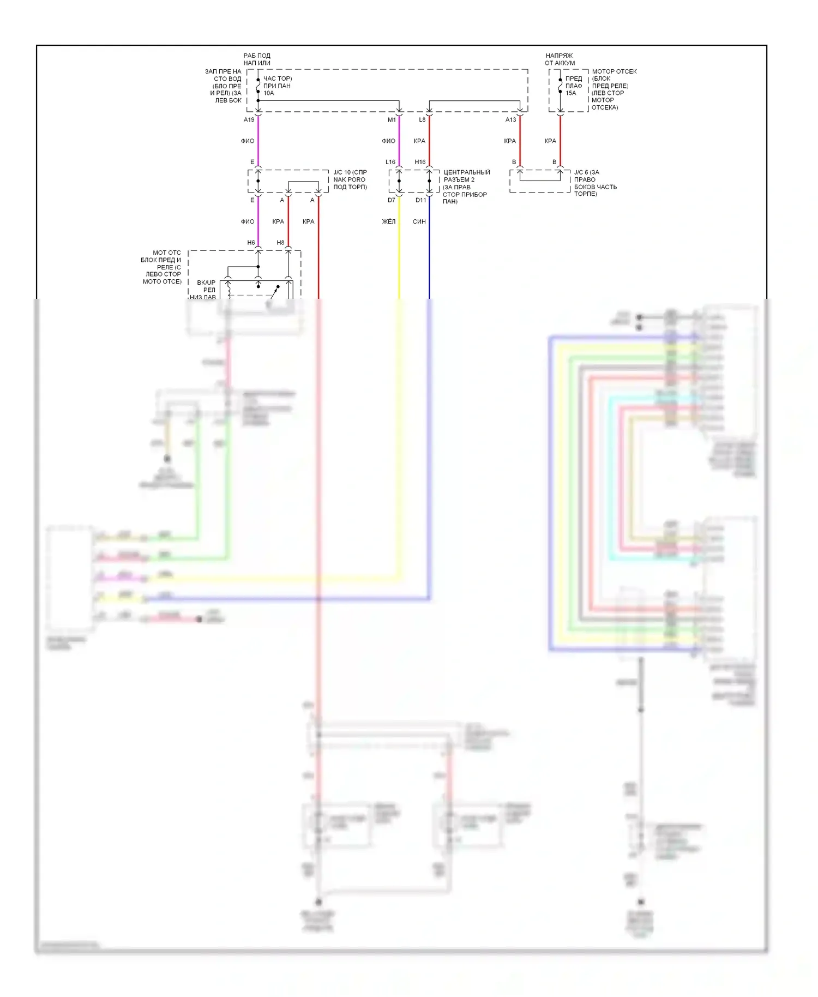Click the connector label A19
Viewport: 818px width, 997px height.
coord(249,119)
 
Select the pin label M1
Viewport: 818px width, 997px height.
coord(392,119)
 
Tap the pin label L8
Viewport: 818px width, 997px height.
coord(422,119)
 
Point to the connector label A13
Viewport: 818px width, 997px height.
coord(510,119)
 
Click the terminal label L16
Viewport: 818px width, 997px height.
coord(390,162)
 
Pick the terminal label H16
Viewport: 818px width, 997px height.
coord(420,162)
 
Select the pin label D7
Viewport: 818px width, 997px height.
coord(392,200)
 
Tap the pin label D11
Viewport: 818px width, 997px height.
coord(420,200)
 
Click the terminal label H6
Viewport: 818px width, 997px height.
coord(251,243)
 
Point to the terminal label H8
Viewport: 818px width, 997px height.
coord(280,243)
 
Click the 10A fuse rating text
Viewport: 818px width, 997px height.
coord(269,93)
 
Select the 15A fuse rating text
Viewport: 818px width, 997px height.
coord(571,93)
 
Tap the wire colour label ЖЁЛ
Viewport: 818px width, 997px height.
coord(389,221)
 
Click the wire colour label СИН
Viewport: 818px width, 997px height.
coord(419,221)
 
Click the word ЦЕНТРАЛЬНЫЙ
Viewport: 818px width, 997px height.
coord(467,172)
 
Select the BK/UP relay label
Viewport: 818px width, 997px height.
coord(206,283)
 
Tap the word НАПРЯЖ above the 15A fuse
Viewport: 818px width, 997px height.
coord(559,56)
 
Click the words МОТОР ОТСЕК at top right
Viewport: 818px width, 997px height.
coord(614,71)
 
